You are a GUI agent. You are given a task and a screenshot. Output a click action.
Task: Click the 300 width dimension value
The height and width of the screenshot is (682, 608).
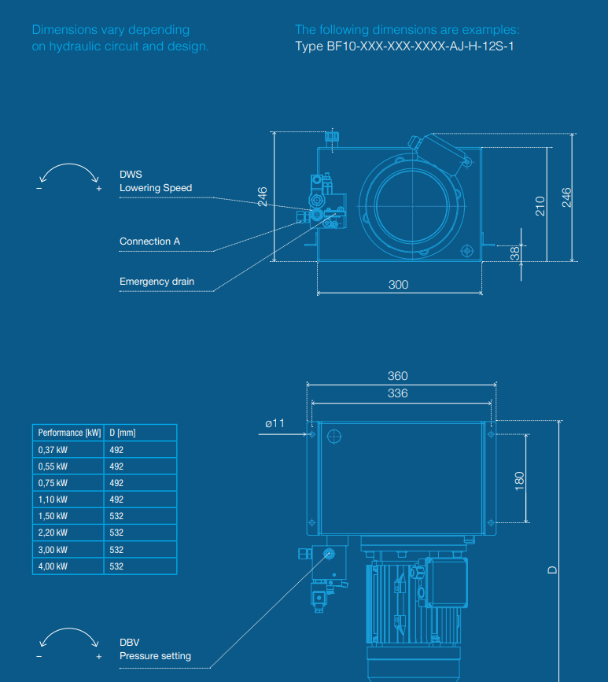click(398, 285)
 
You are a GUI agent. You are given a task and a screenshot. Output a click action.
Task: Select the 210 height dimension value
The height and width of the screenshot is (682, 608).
click(540, 205)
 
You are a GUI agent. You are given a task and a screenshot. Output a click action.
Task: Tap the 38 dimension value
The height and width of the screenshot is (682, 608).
click(515, 253)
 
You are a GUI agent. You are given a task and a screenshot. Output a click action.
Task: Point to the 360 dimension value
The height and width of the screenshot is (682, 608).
click(398, 376)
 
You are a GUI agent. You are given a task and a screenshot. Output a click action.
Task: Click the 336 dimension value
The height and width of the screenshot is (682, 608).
click(398, 393)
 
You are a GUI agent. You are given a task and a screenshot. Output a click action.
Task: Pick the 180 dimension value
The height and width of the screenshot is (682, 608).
click(519, 480)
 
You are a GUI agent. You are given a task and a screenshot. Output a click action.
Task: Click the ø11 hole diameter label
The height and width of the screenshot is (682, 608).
click(275, 423)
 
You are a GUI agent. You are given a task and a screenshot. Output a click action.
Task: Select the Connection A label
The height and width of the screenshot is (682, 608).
click(149, 241)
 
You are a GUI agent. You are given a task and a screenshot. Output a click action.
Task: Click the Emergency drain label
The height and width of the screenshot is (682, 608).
click(157, 282)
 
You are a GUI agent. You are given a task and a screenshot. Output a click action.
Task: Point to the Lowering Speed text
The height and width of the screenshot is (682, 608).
click(156, 188)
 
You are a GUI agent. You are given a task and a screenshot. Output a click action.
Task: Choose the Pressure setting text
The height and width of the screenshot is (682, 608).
click(155, 656)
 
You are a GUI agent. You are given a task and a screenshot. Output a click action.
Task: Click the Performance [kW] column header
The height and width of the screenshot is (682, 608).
click(69, 433)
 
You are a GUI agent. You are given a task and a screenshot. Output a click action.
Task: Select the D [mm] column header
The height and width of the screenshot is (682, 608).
click(123, 433)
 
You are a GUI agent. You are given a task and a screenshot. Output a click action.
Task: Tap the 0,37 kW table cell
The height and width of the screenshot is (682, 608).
click(53, 450)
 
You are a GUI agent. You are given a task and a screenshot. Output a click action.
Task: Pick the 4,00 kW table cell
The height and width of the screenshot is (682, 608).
click(53, 566)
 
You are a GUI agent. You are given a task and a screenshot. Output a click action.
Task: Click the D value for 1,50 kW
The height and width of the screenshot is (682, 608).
click(116, 516)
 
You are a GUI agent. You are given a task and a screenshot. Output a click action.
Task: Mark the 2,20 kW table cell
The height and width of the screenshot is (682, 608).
click(53, 533)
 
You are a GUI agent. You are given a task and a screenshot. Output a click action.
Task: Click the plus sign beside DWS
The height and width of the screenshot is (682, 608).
click(99, 190)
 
